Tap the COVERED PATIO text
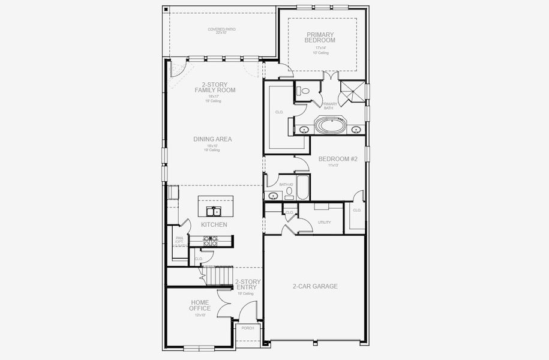221,29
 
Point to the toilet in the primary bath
304,91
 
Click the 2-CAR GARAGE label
315,286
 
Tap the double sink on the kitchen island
213,211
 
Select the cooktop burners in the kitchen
210,241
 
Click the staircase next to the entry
220,275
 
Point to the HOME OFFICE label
200,305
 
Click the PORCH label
247,328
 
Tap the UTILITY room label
325,222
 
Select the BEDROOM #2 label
337,159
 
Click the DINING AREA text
212,139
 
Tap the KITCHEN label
214,224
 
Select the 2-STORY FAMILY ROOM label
214,88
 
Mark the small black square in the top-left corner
166,10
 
